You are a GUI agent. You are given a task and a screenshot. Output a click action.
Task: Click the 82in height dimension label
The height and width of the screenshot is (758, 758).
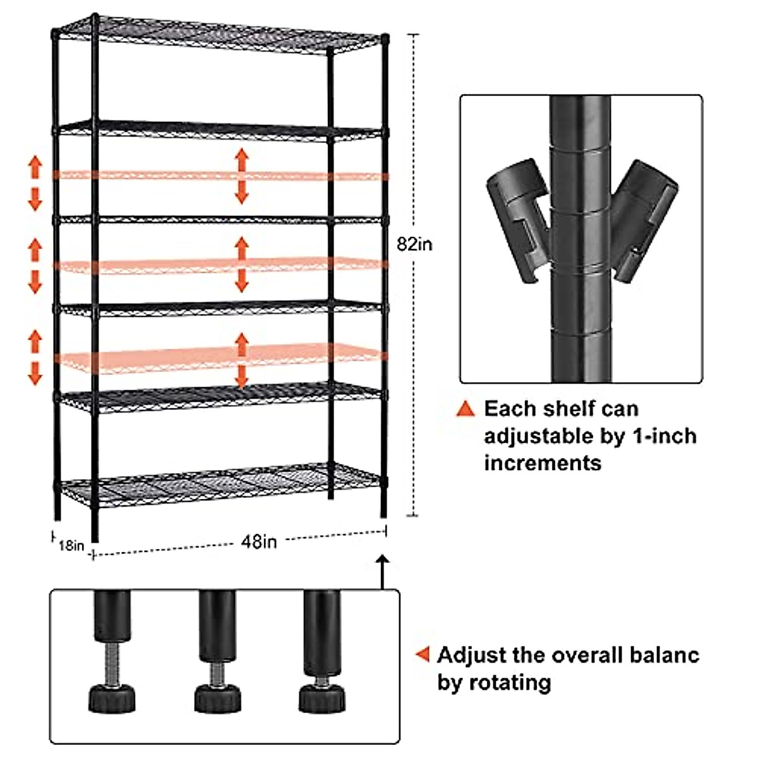tap(415, 244)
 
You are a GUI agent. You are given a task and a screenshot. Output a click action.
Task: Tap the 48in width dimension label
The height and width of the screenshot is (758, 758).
tap(259, 542)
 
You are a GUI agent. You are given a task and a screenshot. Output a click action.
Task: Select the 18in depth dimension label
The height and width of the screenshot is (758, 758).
tap(71, 544)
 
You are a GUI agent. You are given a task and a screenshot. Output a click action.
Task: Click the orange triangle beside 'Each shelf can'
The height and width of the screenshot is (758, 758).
tap(466, 409)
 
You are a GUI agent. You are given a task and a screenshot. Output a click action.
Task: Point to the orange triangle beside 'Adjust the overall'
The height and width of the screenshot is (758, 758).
tap(423, 654)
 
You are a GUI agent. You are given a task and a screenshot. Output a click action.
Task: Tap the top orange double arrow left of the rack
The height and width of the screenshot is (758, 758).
tap(35, 183)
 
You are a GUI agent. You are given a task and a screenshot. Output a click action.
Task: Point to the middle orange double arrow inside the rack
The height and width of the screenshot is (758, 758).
tap(241, 264)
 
